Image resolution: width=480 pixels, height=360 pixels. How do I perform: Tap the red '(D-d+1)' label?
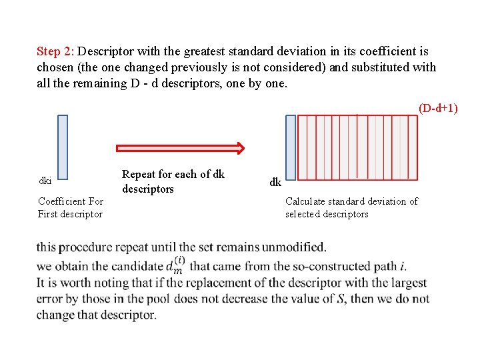click(438, 107)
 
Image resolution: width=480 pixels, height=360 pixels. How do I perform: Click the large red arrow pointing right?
click(181, 148)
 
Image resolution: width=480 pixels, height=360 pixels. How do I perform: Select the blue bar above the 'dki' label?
click(63, 145)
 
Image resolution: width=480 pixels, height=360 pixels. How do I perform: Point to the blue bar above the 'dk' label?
click(291, 147)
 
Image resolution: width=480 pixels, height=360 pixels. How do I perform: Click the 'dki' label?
click(45, 181)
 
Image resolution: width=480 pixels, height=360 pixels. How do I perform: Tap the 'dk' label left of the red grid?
click(275, 182)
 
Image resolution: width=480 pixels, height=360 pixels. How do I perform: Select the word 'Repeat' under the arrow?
click(138, 175)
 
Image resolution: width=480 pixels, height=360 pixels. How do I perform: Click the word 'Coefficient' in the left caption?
click(61, 201)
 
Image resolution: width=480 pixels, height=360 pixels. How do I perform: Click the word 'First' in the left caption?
click(50, 214)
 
